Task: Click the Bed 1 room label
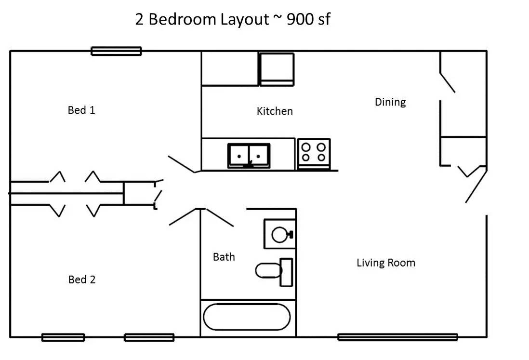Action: [81, 110]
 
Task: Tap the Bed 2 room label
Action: [81, 280]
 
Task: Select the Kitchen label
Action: [275, 111]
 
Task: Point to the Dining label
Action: [390, 102]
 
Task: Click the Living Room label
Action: [386, 263]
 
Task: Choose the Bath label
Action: [224, 257]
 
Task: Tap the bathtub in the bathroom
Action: [247, 317]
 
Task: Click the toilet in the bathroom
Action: [274, 272]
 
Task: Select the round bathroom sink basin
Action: [279, 235]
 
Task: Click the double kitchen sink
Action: [249, 156]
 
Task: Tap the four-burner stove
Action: [314, 153]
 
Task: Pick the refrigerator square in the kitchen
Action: [277, 69]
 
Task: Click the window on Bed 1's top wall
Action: [116, 51]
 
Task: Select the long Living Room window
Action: [397, 337]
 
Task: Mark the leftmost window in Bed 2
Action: [63, 337]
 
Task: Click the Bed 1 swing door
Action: [182, 165]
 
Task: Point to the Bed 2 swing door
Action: [183, 216]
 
